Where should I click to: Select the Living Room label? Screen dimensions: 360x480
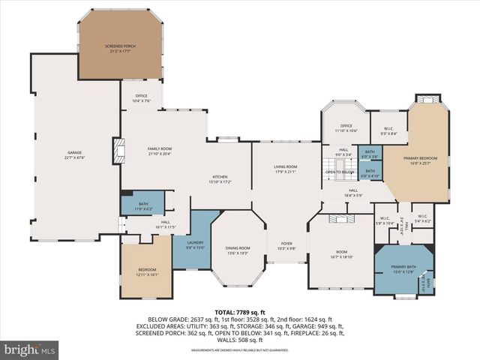(286, 168)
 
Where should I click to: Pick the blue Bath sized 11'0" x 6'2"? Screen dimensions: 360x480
(142, 205)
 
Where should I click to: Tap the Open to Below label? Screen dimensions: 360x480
(339, 171)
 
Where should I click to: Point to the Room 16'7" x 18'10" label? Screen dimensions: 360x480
(342, 253)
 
